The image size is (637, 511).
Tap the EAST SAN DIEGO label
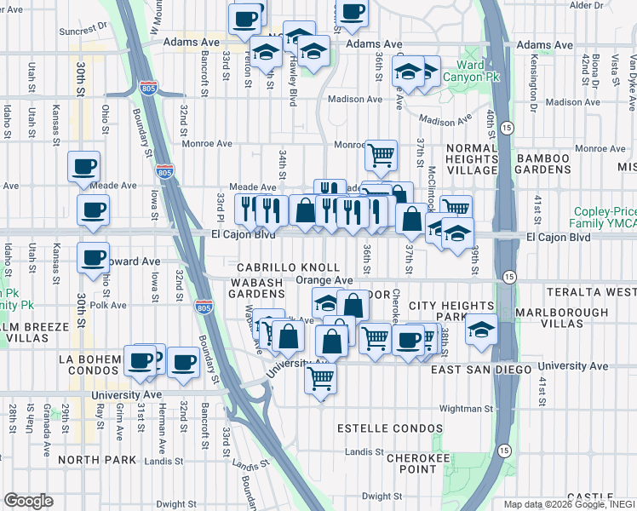482,370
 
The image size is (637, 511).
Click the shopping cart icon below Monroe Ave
381,155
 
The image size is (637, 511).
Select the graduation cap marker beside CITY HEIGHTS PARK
482,328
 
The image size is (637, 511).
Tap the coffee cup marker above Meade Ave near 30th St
83,166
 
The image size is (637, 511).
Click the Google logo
28,501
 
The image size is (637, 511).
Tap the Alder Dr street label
586,6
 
